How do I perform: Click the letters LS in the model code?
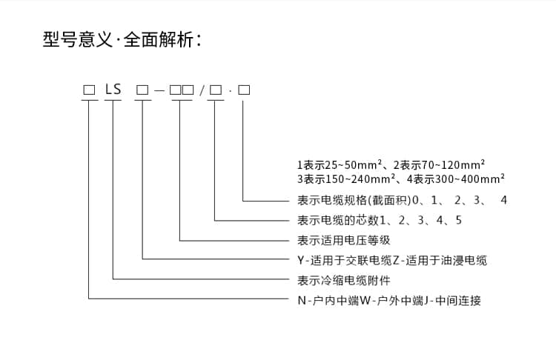[x=113, y=90]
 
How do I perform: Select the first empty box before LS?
[x=89, y=90]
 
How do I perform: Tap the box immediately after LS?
[x=142, y=90]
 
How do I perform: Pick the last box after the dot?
[x=244, y=90]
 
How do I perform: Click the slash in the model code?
[x=202, y=90]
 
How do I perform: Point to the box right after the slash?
[x=216, y=90]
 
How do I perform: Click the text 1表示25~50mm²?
[x=339, y=164]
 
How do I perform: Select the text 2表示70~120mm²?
[x=439, y=164]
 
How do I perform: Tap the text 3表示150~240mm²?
[x=346, y=179]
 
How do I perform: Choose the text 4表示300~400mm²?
[x=456, y=179]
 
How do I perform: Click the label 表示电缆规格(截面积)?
[x=354, y=200]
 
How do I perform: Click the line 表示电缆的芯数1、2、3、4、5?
[x=380, y=221]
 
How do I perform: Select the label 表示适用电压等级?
[x=343, y=241]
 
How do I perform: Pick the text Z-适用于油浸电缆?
[x=440, y=261]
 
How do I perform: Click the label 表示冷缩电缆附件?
[x=343, y=281]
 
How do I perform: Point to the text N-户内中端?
[x=328, y=301]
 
